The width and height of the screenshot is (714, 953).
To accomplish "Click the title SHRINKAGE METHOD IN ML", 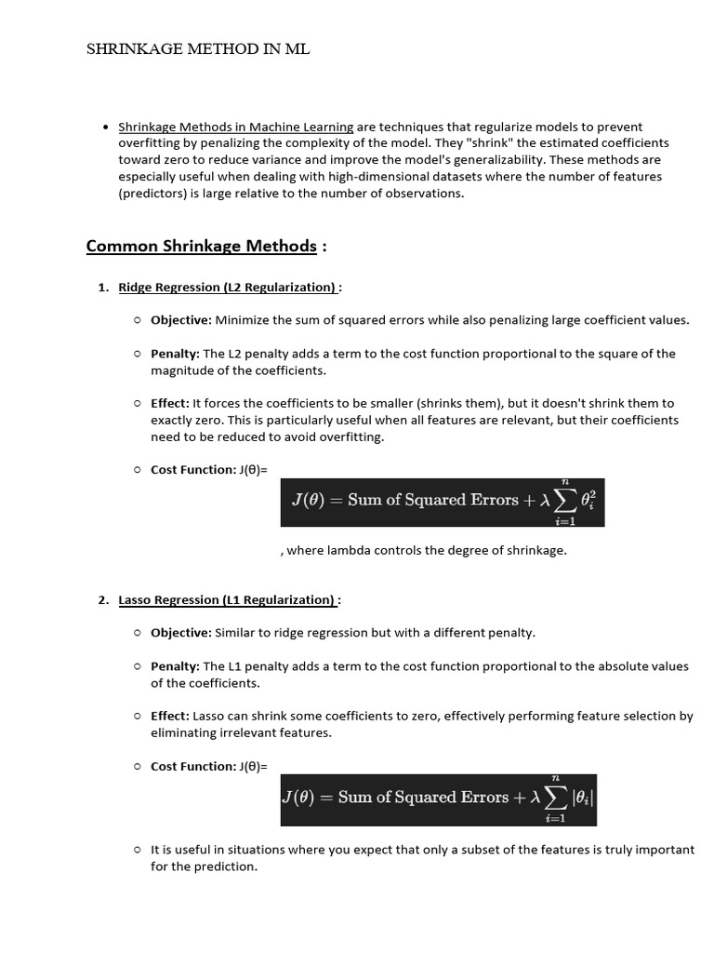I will click(198, 49).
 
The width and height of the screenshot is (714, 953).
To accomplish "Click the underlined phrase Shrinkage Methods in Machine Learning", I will click(235, 127).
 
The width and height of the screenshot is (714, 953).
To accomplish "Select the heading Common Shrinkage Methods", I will click(201, 246).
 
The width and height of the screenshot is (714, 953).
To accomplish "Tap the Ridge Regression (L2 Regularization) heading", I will click(227, 288).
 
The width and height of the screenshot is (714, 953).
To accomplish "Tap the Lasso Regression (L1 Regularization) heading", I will click(226, 600).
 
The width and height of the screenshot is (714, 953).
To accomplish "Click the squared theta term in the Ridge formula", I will click(587, 501).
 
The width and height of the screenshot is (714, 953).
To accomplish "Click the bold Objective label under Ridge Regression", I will click(180, 320).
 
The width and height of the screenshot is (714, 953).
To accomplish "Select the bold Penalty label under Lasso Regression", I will click(175, 666).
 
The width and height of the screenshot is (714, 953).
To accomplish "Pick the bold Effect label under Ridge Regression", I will click(170, 403).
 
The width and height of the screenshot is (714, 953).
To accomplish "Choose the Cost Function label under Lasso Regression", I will click(193, 767).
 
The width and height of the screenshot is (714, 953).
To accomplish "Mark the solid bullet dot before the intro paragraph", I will click(107, 127).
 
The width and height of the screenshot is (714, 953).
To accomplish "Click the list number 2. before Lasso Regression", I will click(103, 600).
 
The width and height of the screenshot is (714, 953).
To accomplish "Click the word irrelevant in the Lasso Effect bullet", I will click(258, 733).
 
